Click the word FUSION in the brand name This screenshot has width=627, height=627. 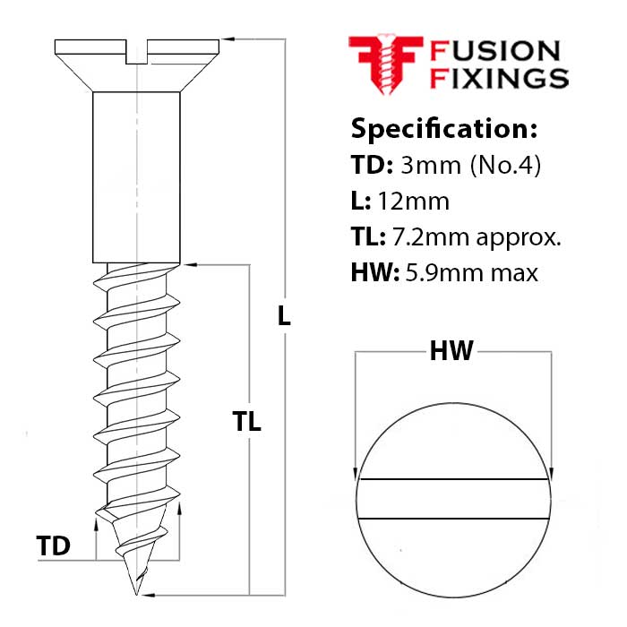495,51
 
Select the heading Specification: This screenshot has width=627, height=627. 443,128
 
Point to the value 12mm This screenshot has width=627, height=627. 415,201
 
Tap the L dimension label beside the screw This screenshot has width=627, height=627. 284,315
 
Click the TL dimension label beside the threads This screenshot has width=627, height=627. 246,422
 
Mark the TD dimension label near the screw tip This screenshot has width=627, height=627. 54,545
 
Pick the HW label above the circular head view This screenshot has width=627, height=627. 451,352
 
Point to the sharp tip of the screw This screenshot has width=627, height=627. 137,592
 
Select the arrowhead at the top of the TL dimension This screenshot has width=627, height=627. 189,264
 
